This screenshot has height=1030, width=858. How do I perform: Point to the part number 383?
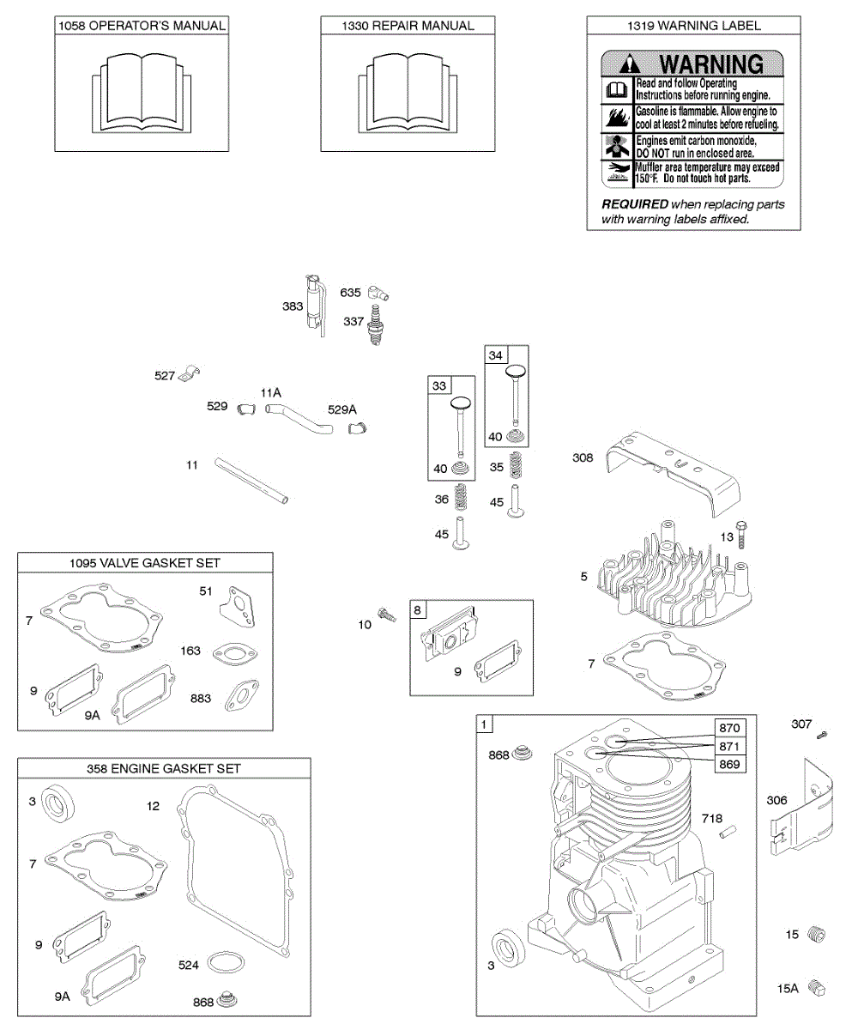tap(293, 306)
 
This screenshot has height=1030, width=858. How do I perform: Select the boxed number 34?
tap(496, 355)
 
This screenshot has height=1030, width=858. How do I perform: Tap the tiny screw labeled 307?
tap(822, 734)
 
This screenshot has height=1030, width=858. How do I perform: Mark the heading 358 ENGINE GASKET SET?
tap(163, 769)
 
